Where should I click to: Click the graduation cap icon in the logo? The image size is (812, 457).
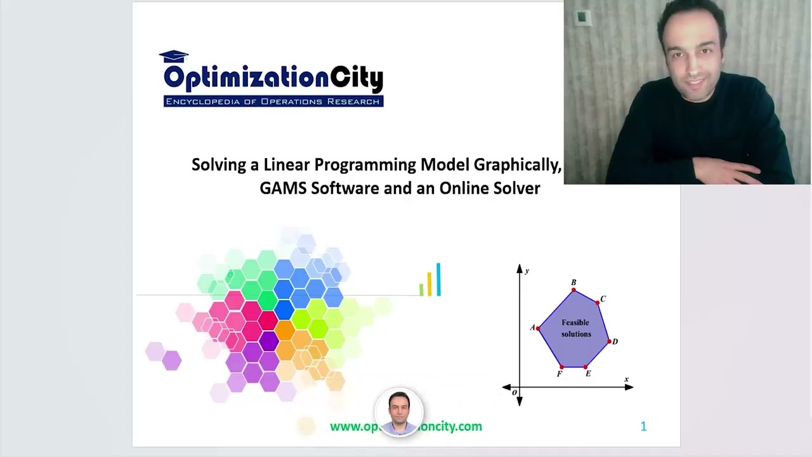point(174,57)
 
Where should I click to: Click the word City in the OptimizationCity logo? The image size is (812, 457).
point(357,79)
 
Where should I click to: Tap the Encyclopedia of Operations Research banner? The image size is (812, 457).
point(273,102)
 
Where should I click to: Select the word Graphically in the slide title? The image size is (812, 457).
point(517,165)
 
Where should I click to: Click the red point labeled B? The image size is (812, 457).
point(573,291)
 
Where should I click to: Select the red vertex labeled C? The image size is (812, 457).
point(598,303)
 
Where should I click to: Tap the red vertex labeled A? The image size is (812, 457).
point(538,328)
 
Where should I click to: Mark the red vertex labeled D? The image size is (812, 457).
point(610,342)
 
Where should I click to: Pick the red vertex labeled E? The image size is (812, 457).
point(585,367)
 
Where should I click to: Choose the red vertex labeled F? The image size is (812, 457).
point(561,367)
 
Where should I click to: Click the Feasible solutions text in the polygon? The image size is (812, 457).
point(575,328)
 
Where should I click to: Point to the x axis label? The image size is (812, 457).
point(626,380)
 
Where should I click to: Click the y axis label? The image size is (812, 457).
point(527,271)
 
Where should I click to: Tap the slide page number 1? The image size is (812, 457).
point(643,427)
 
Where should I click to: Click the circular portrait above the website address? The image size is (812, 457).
point(399,413)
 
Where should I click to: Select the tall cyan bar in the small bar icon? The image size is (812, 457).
point(438,279)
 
